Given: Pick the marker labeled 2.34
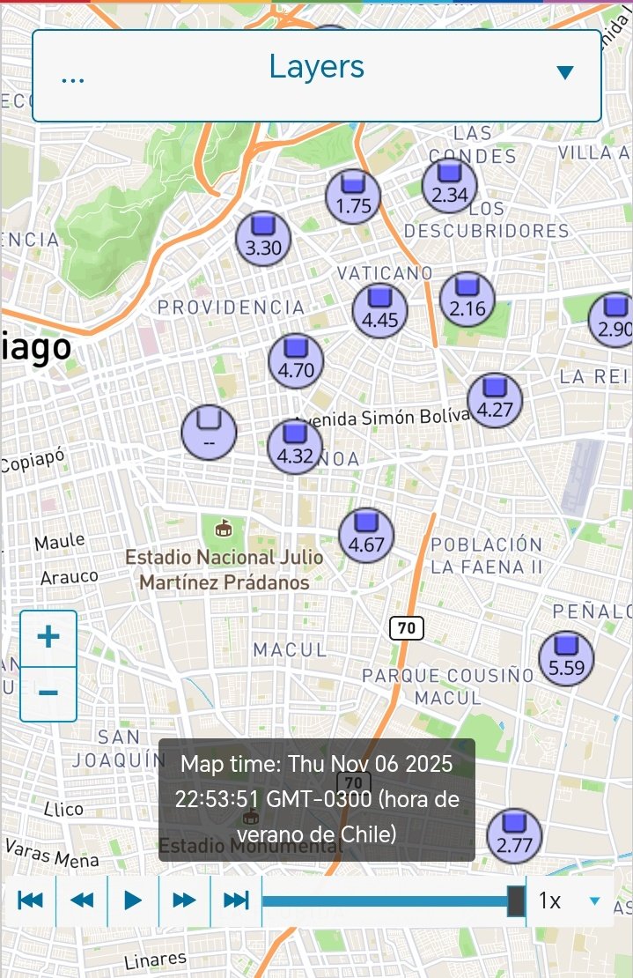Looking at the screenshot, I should tap(450, 186).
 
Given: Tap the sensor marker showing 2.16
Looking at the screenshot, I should tap(467, 300).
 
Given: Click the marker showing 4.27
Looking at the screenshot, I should tap(495, 400).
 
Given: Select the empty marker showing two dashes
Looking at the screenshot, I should tap(209, 432).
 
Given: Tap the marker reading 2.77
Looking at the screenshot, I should tap(514, 837).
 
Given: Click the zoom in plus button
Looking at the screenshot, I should tap(48, 637).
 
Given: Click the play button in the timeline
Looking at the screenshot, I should tap(133, 900).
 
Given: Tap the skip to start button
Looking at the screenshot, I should tap(30, 900).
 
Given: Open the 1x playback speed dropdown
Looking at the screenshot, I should tap(569, 900).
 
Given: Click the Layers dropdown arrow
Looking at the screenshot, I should tap(565, 72).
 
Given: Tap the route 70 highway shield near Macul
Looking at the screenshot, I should tap(406, 628).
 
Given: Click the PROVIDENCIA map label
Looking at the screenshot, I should tap(231, 307).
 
